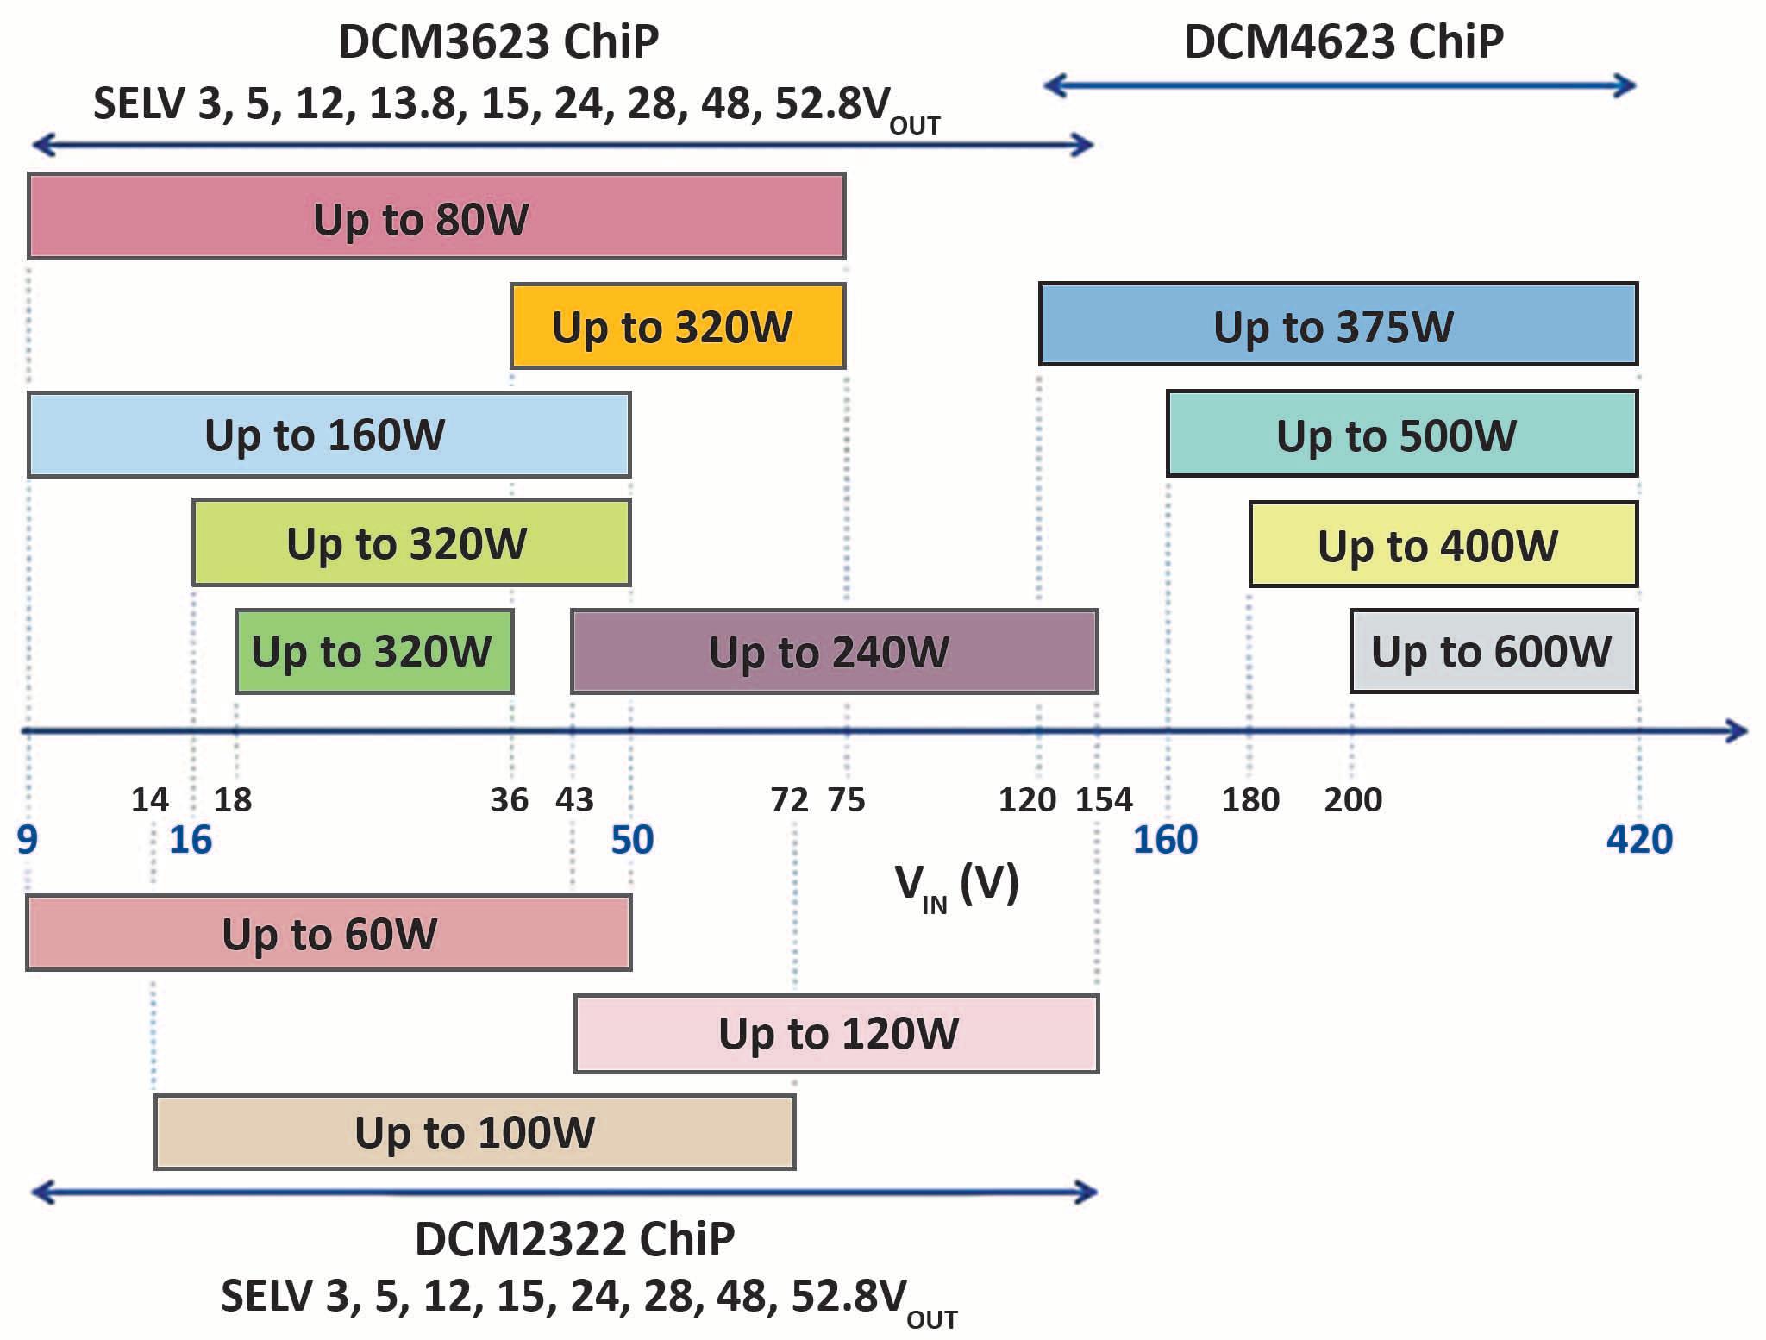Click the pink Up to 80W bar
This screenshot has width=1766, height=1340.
coord(436,216)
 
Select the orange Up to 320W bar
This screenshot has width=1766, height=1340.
coord(678,326)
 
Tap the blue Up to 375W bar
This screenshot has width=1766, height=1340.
coord(1337,324)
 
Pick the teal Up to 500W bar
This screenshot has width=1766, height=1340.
coord(1401,434)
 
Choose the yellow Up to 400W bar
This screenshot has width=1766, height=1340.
coord(1443,544)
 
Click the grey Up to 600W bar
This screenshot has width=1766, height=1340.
coord(1493,651)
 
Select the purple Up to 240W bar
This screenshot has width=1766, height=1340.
coord(834,651)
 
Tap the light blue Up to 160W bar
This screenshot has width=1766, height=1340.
coord(329,435)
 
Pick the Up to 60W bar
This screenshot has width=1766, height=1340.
coord(329,933)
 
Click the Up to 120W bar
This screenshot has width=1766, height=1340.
coord(836,1033)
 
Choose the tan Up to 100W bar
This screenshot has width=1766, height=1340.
coord(474,1131)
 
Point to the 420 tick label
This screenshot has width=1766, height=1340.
coord(1638,839)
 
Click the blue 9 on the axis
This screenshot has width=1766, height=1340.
coord(28,839)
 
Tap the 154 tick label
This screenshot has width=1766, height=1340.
coord(1103,800)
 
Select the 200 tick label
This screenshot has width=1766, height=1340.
coord(1352,800)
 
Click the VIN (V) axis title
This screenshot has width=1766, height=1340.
coord(956,886)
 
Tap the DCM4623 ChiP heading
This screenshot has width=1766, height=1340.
coord(1343,41)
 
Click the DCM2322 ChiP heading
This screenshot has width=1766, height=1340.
coord(574,1239)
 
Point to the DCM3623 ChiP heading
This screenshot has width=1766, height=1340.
coord(498,41)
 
